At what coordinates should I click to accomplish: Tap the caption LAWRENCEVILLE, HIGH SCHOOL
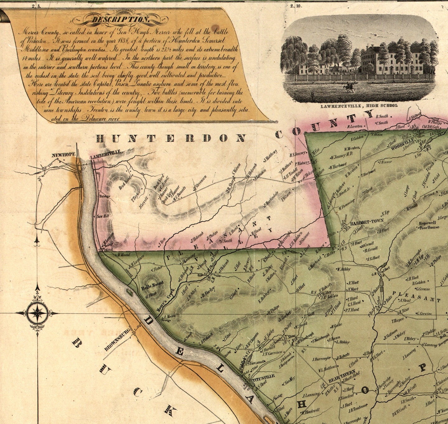[359, 106]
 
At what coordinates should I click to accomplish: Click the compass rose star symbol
[37, 313]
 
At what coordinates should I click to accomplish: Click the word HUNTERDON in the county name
[171, 138]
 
